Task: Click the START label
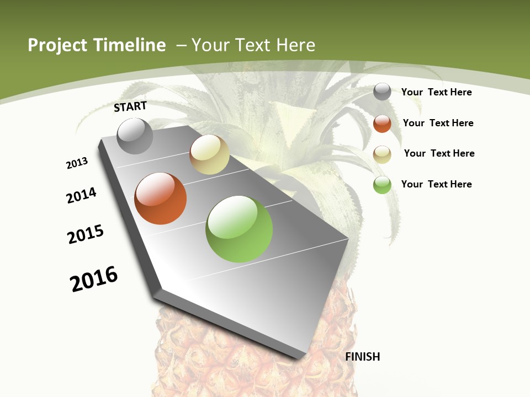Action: click(130, 106)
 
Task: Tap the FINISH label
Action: click(363, 357)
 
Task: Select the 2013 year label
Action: click(77, 163)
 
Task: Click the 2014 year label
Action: click(82, 196)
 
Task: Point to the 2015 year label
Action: click(86, 234)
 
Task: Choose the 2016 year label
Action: click(94, 279)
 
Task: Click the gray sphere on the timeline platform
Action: click(135, 136)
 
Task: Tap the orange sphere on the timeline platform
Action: click(161, 198)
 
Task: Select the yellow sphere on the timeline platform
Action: click(209, 154)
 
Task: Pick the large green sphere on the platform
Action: click(239, 228)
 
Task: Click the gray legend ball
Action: click(382, 92)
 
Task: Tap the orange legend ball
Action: click(382, 124)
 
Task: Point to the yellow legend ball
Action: click(382, 154)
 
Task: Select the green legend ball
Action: click(382, 185)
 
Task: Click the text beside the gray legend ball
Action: click(436, 92)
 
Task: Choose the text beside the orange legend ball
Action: click(438, 123)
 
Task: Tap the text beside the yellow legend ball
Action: click(439, 153)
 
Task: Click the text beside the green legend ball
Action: click(436, 184)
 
